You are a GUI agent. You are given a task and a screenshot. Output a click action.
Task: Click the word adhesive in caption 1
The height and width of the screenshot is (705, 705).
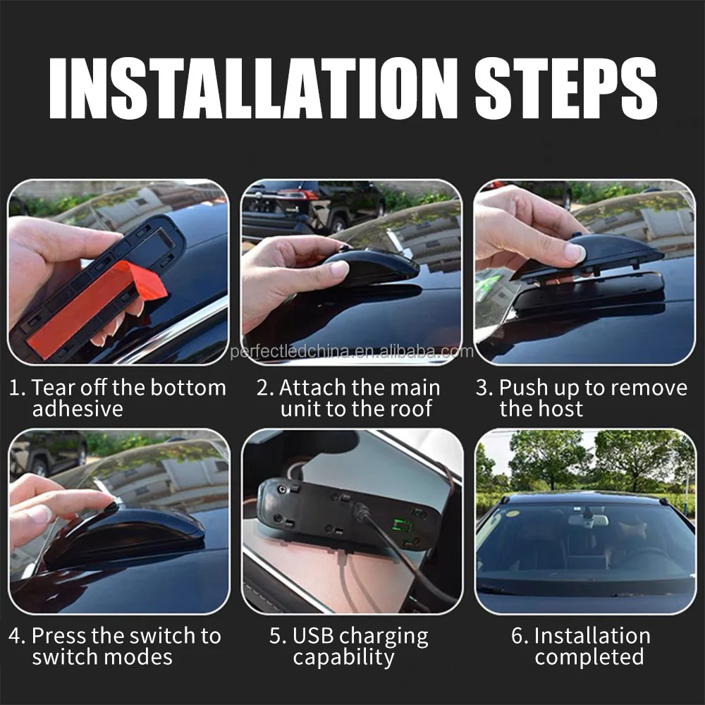pyautogui.click(x=78, y=409)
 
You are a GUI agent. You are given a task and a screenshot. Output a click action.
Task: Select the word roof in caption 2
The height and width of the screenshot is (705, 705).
pyautogui.click(x=410, y=409)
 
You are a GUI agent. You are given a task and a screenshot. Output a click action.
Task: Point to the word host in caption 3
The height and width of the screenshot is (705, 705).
pyautogui.click(x=562, y=409)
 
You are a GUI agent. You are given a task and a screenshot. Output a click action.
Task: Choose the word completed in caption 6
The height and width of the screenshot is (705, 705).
pyautogui.click(x=589, y=657)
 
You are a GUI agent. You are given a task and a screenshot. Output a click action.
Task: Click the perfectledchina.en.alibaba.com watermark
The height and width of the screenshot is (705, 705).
pyautogui.click(x=352, y=351)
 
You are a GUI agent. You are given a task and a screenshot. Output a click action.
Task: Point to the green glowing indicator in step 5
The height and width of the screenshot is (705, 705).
pyautogui.click(x=403, y=526)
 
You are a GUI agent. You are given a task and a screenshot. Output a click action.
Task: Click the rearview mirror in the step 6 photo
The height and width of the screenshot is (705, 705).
pyautogui.click(x=588, y=520)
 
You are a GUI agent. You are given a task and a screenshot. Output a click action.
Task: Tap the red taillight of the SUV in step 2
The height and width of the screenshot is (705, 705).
pyautogui.click(x=303, y=195)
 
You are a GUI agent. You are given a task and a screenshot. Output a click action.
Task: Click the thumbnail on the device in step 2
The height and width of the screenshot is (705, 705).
pyautogui.click(x=340, y=269)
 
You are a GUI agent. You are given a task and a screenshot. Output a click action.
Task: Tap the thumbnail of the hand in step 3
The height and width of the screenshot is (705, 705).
pyautogui.click(x=575, y=252)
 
